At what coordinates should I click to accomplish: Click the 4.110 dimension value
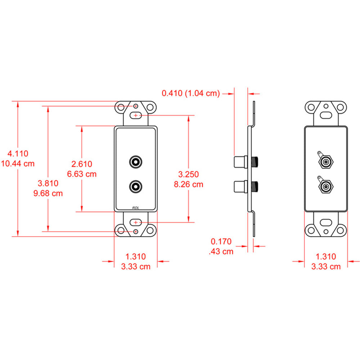(18, 153)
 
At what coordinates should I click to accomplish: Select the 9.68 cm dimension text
(48, 193)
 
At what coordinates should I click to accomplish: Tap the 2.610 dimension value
(82, 164)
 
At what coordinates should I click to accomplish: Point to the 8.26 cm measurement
(189, 184)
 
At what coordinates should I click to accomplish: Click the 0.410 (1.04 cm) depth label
(190, 93)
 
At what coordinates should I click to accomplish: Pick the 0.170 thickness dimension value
(221, 242)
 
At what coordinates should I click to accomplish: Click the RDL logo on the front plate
(135, 208)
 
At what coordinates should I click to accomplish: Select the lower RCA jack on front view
(136, 186)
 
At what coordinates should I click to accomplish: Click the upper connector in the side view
(245, 162)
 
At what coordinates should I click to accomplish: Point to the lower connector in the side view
(245, 186)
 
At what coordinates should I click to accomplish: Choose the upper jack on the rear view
(325, 162)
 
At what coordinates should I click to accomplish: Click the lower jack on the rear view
(325, 186)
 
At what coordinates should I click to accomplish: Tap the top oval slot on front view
(136, 116)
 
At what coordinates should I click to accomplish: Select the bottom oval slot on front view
(136, 222)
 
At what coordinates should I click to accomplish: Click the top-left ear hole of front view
(121, 107)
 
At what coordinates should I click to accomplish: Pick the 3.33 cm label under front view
(136, 266)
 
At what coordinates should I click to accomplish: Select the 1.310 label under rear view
(325, 257)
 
